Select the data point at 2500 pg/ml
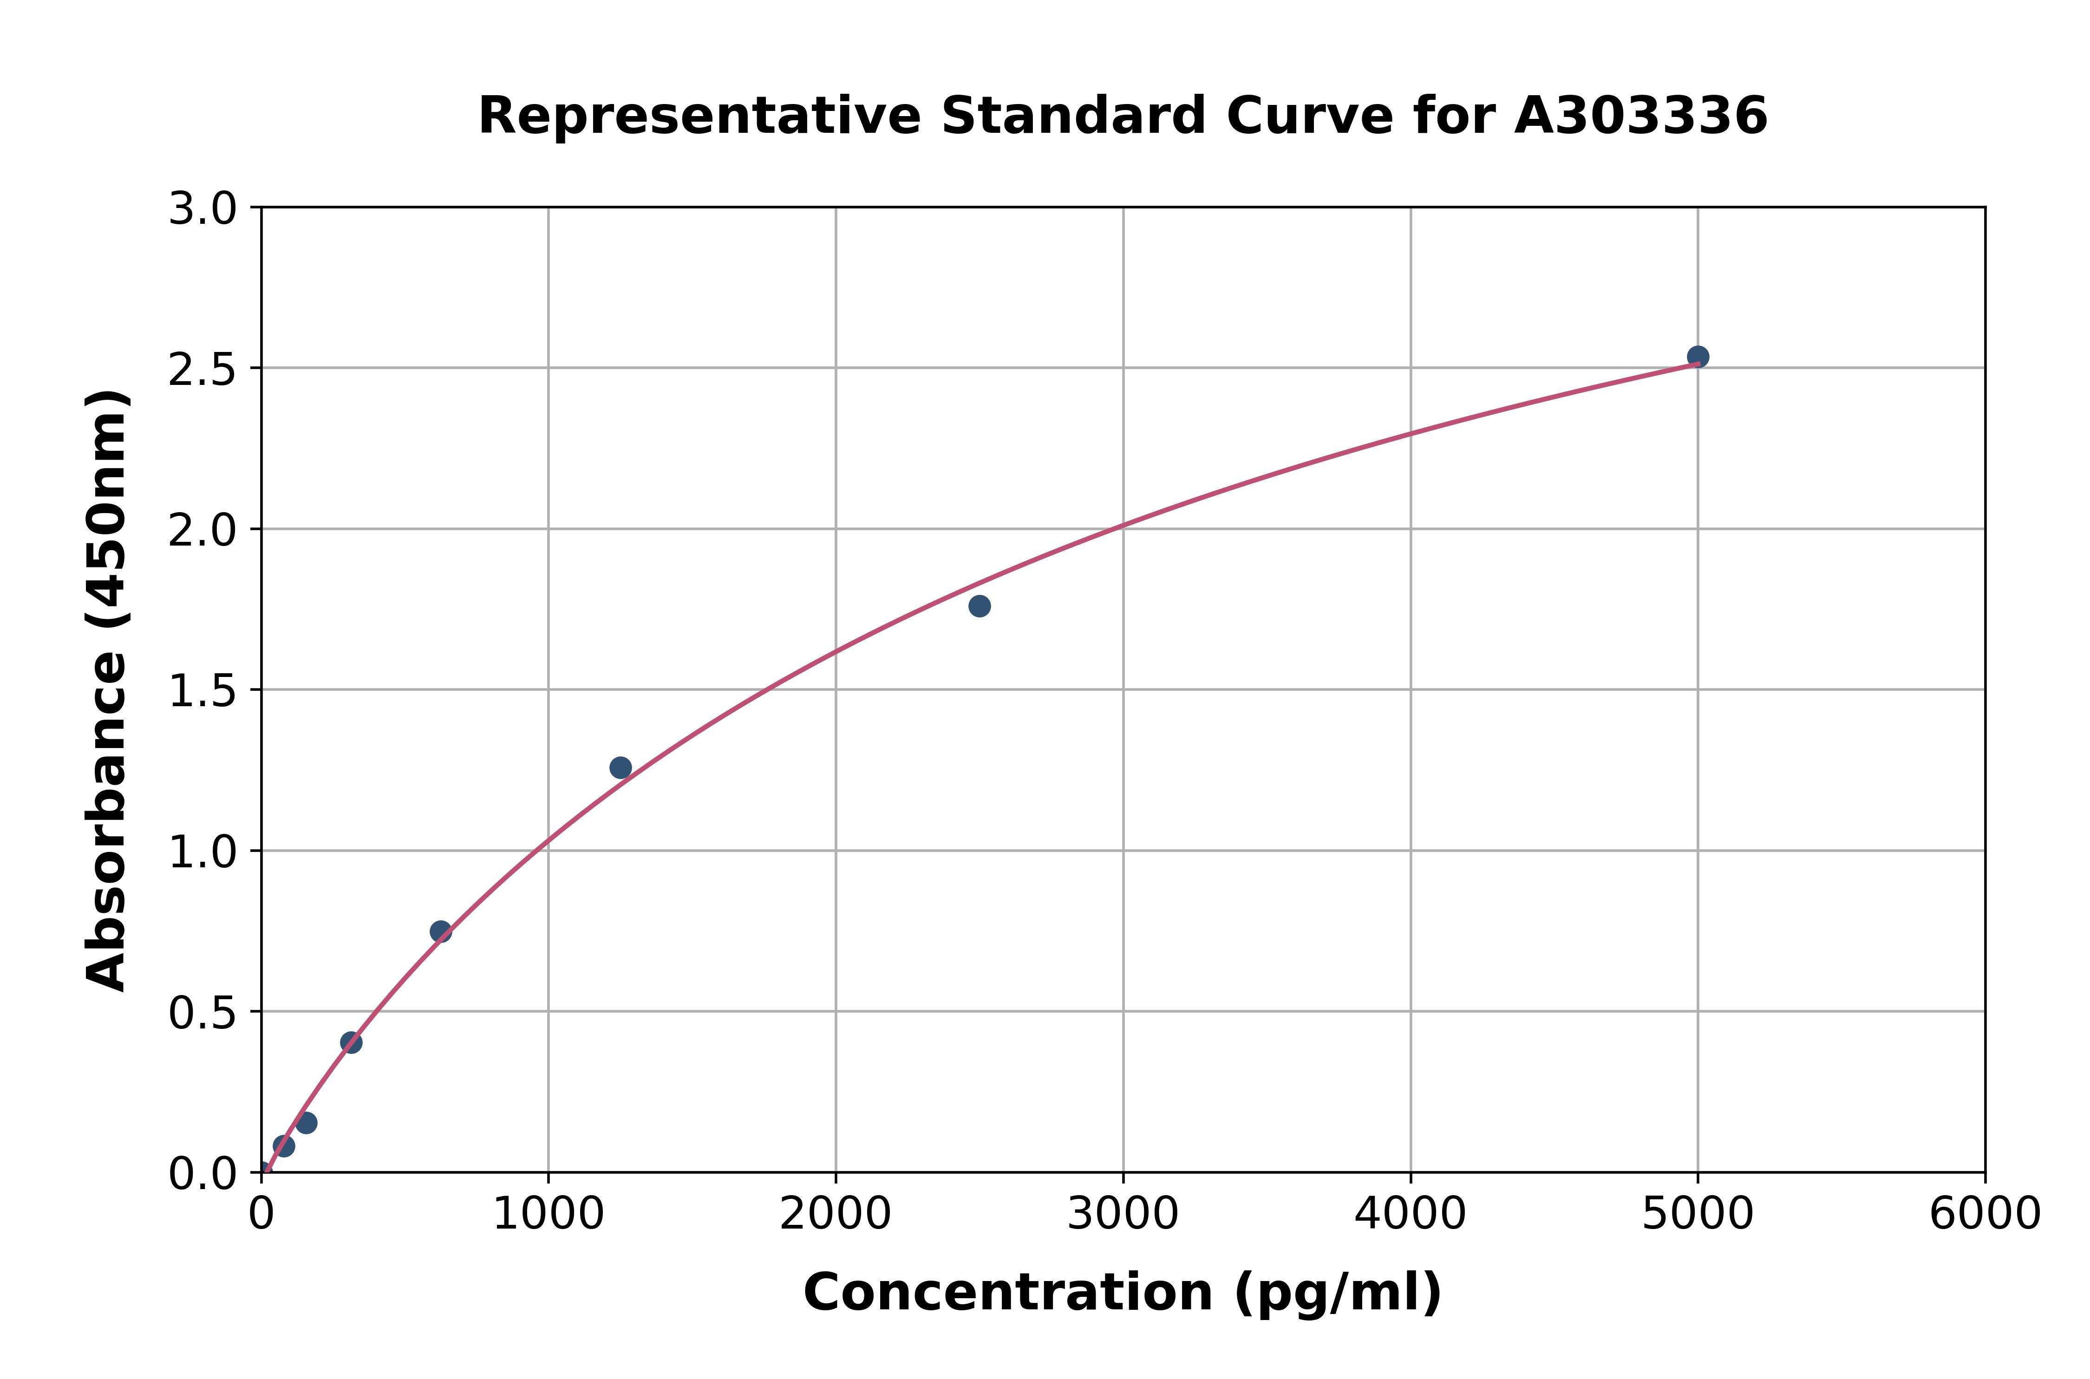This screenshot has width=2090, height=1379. [x=979, y=606]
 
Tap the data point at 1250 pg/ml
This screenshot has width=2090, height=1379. [x=620, y=768]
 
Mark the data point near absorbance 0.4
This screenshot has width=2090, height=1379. [x=351, y=1042]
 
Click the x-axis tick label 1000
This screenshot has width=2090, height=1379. [x=548, y=1215]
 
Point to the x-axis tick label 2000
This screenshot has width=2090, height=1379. [x=835, y=1215]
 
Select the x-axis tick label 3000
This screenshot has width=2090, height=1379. [x=1123, y=1215]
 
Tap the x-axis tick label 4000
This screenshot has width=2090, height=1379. [x=1410, y=1215]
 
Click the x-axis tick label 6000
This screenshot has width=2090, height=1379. [x=1985, y=1215]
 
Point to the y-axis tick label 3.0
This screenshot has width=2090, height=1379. [x=202, y=209]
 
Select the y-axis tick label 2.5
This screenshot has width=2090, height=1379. [x=202, y=370]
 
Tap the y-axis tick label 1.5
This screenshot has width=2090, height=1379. [x=202, y=691]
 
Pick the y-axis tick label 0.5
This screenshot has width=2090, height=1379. [x=202, y=1013]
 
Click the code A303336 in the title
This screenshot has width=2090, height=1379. [x=1640, y=116]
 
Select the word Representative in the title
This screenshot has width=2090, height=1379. [x=699, y=116]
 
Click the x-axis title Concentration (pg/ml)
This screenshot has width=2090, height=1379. [x=1123, y=1293]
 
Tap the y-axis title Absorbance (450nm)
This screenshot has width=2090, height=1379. [x=107, y=690]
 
